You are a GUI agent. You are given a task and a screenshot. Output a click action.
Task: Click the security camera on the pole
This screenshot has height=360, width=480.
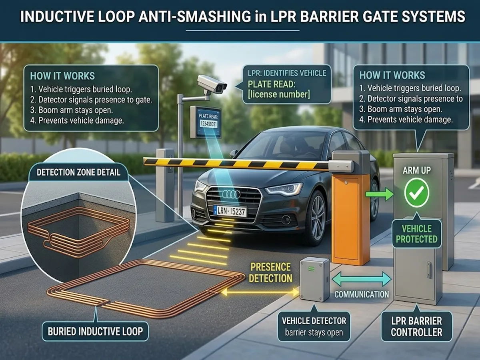[212, 83]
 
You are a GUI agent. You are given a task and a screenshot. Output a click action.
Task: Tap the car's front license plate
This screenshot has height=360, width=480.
[230, 210]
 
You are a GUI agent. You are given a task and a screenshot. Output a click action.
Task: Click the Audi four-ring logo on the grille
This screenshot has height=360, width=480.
[231, 194]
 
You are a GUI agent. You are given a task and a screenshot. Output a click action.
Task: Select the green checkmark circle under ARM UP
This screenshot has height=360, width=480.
[416, 193]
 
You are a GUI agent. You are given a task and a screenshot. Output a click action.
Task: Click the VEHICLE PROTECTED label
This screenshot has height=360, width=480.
[416, 234]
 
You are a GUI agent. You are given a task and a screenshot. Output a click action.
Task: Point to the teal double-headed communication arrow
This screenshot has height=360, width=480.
[362, 279]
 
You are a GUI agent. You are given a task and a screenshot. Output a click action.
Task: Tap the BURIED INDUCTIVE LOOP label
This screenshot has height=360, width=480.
[95, 331]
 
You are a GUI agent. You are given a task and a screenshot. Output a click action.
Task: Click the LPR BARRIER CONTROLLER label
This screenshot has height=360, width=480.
[416, 326]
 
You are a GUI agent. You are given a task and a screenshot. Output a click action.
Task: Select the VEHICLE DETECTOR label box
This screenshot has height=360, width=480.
[314, 326]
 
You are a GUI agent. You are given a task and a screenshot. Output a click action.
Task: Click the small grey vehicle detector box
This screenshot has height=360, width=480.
[314, 279]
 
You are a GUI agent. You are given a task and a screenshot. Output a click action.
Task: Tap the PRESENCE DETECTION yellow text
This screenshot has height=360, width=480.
[271, 272]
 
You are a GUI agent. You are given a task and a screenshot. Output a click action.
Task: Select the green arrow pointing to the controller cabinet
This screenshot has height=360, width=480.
[380, 195]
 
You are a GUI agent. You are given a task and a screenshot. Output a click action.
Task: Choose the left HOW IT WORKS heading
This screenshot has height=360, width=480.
[62, 76]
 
